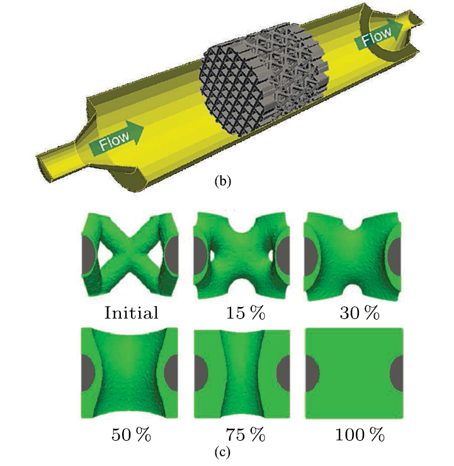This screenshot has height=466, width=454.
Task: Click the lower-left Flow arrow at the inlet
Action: coord(116,137)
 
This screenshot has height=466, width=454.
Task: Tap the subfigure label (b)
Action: coord(222,182)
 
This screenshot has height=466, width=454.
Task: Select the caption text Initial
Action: coord(131,313)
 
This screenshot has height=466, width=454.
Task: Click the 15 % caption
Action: coord(246,313)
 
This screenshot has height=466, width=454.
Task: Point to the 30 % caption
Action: coord(360,313)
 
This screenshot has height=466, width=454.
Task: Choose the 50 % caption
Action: coord(131,435)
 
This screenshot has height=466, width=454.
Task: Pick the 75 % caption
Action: coord(246,435)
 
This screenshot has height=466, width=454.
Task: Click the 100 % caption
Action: coord(360,435)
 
